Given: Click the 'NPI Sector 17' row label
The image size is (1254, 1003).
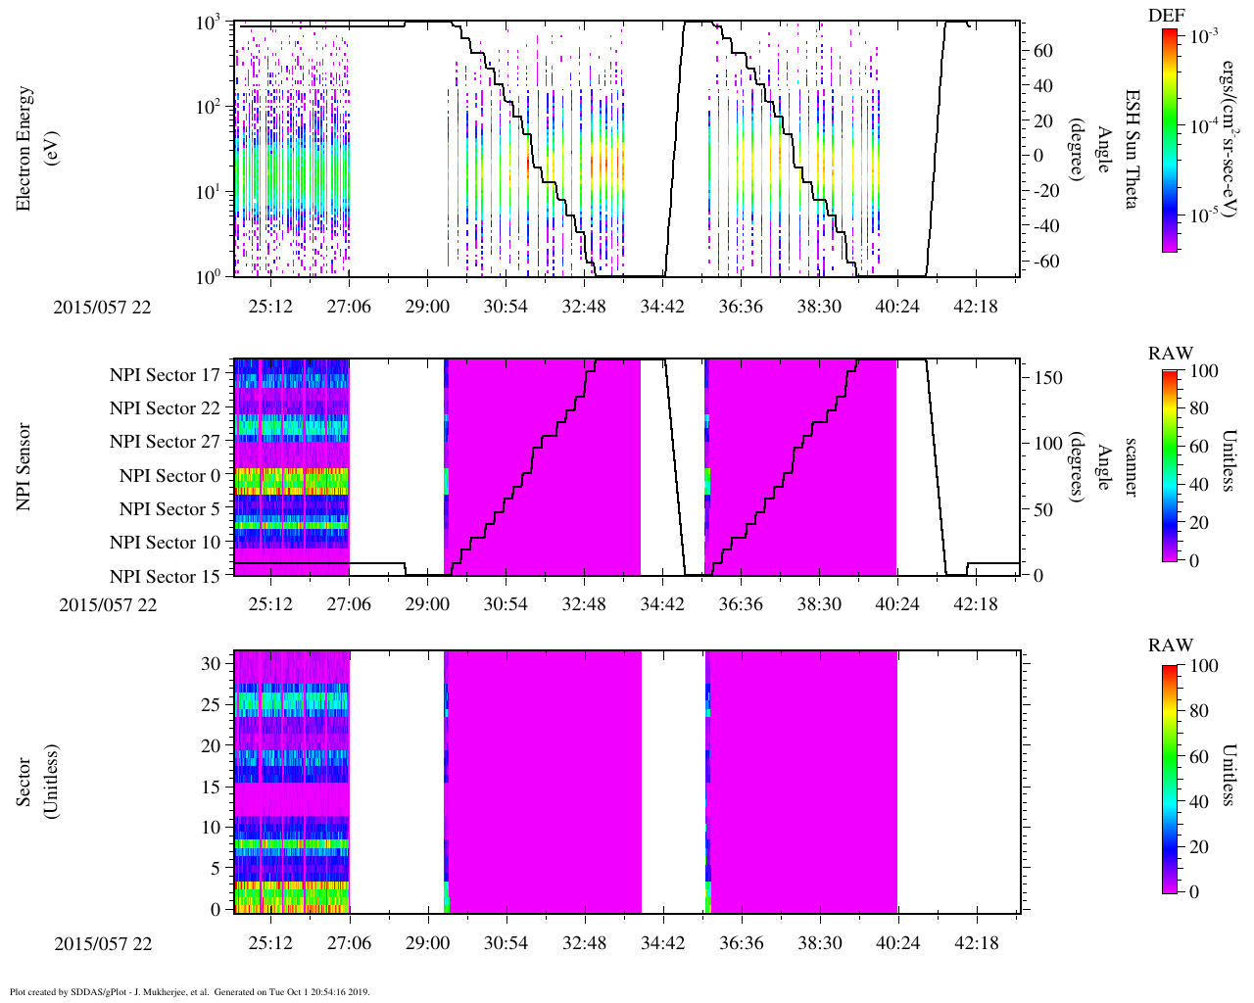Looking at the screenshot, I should (165, 374).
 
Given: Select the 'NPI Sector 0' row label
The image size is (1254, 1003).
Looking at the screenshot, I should (169, 476).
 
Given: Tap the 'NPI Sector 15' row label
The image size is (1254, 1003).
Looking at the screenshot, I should (165, 576).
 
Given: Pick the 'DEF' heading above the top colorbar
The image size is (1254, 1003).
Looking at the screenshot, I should (1167, 15).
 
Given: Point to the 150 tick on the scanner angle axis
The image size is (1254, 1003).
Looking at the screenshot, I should (1048, 378).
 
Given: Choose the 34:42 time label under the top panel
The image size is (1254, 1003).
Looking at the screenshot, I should (662, 307).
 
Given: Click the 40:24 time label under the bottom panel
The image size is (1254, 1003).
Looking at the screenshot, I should (897, 944).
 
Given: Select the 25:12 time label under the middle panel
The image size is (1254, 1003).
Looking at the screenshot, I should (270, 604).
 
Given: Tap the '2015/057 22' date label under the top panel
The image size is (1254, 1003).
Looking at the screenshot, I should (103, 307).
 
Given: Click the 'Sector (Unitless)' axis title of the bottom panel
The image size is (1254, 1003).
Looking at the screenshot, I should (34, 782).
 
